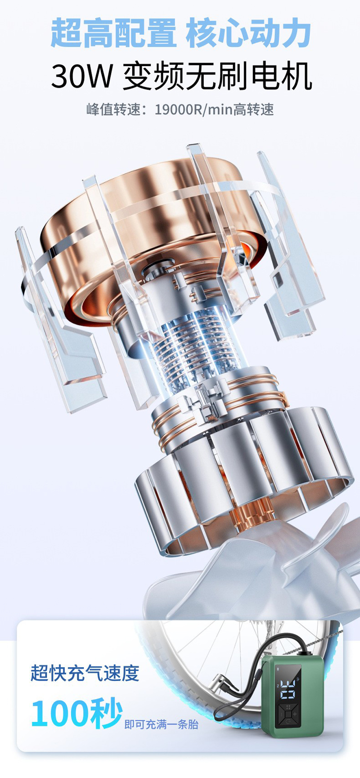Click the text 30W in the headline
81,76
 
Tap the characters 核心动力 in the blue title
248,33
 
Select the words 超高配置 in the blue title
113,33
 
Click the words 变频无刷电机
217,76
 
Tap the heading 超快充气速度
85,673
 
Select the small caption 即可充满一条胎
161,724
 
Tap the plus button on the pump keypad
295,714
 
